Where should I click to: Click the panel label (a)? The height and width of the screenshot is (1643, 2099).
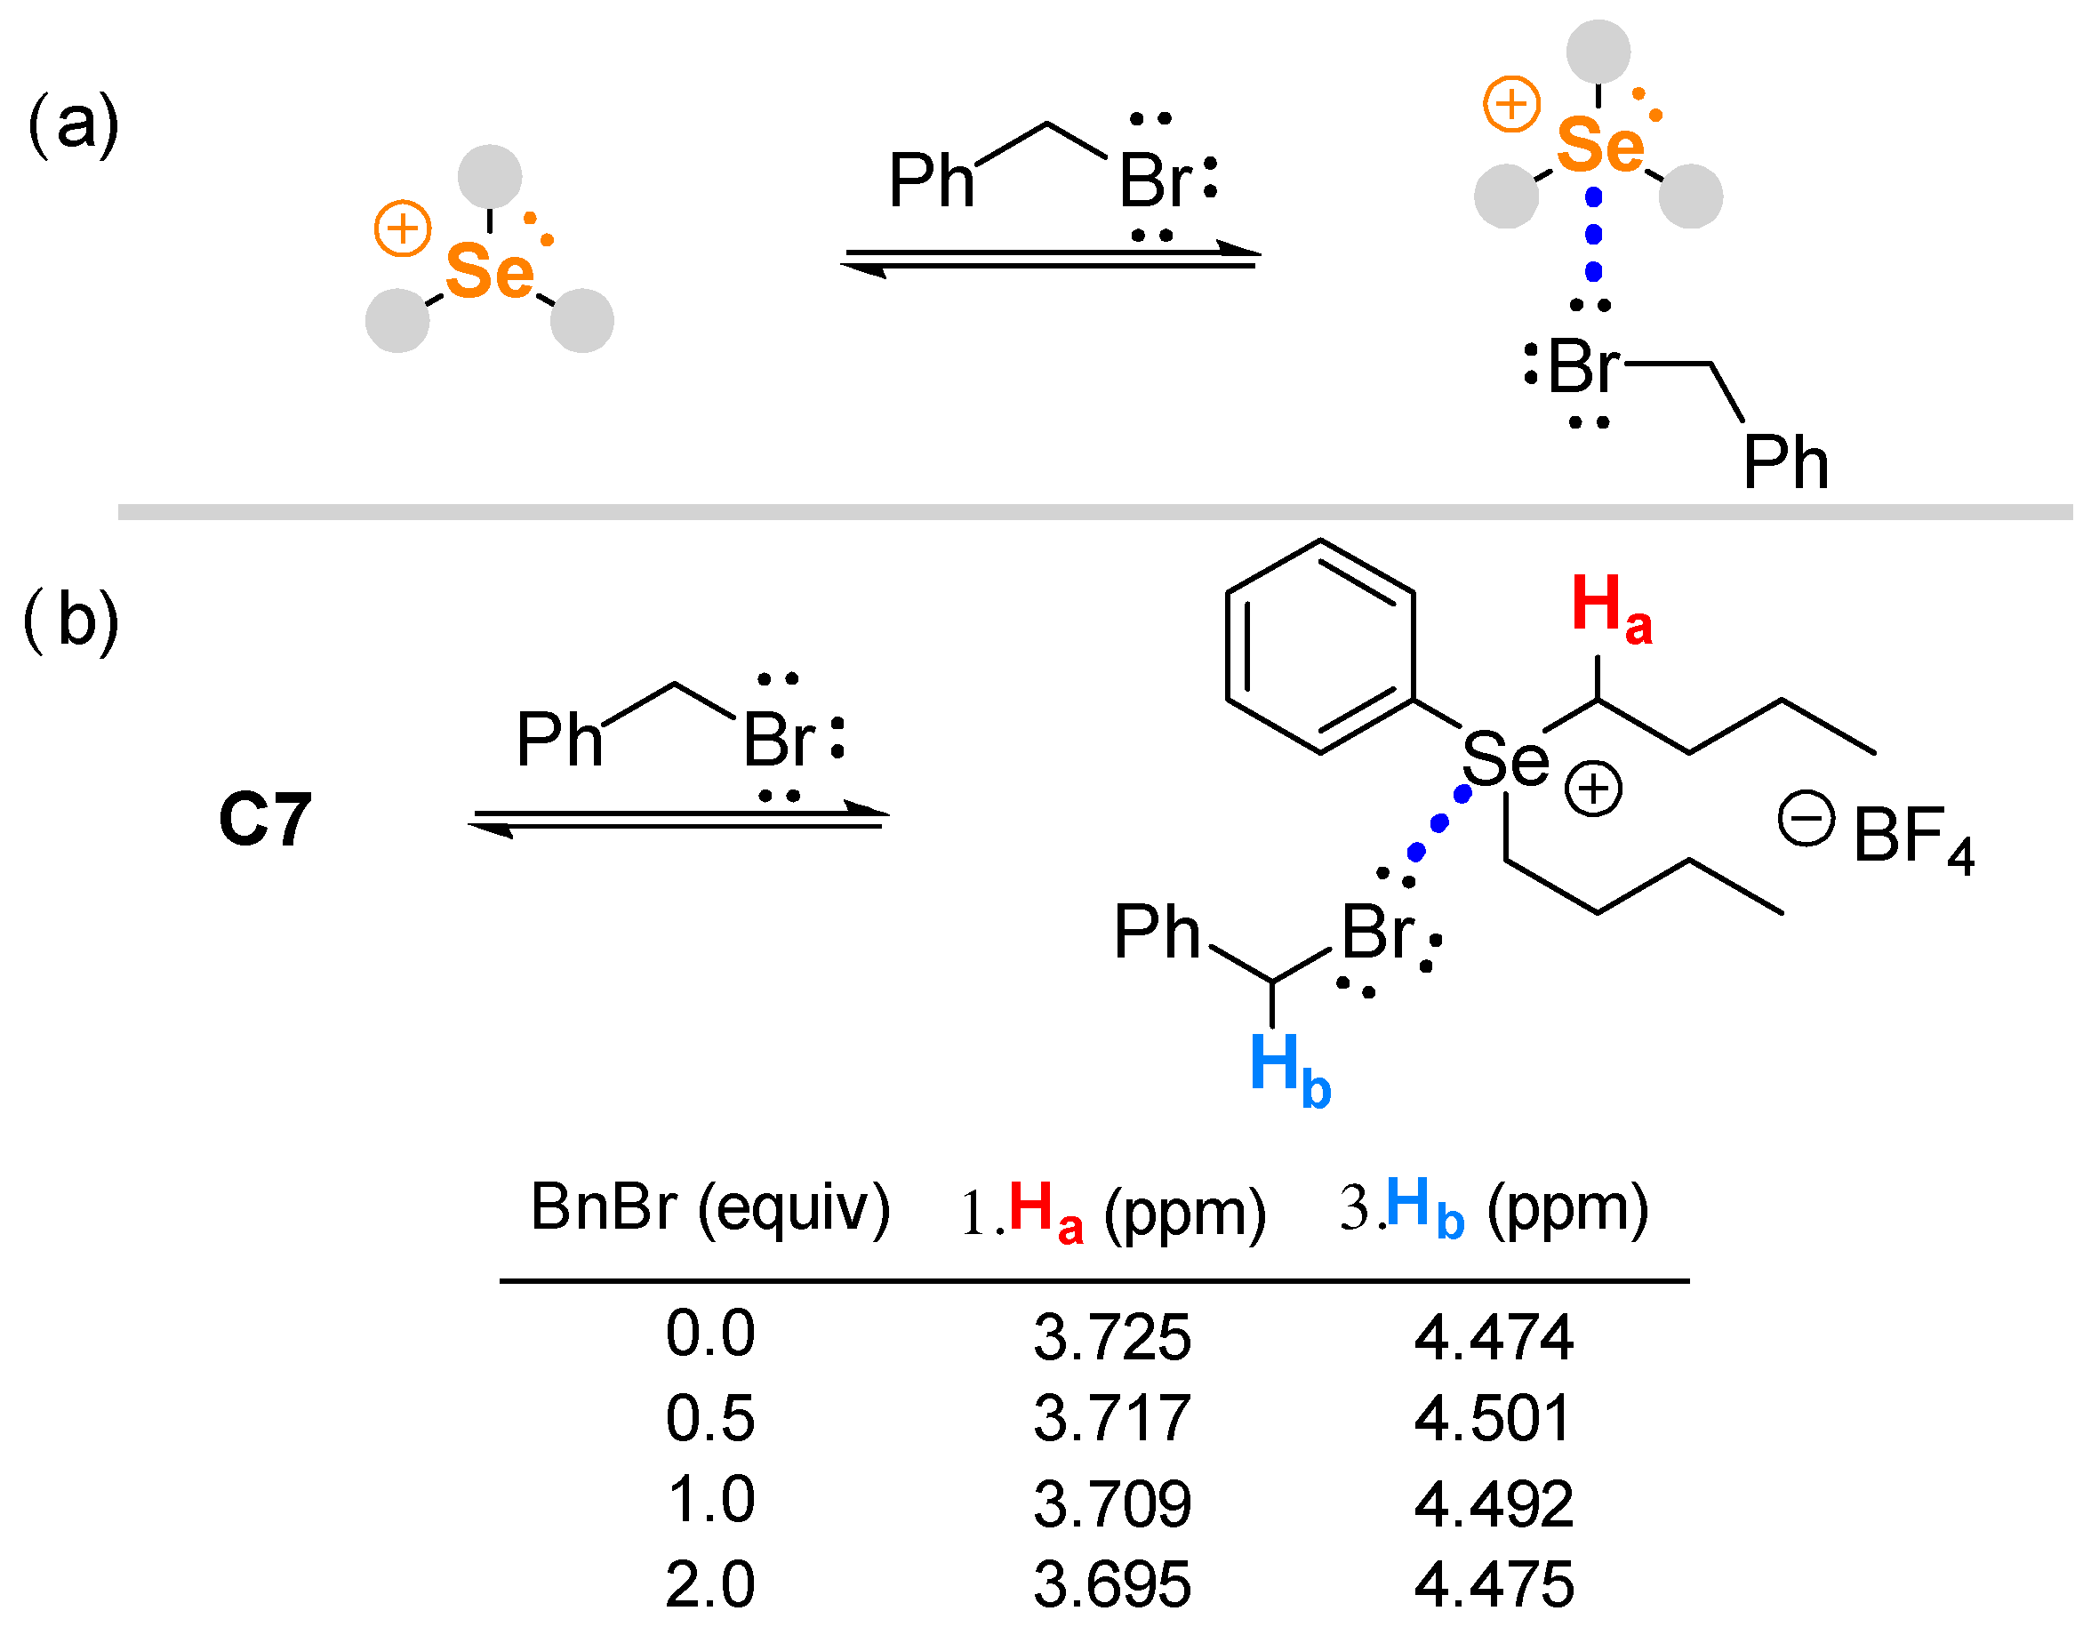[73, 125]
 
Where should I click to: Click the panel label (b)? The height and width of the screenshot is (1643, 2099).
[71, 621]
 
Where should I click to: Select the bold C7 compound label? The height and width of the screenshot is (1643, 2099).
[266, 820]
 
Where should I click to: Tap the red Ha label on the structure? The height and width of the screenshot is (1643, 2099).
[1610, 608]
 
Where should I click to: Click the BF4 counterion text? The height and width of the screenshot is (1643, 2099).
[1912, 837]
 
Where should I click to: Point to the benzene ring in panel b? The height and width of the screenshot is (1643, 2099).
[1320, 646]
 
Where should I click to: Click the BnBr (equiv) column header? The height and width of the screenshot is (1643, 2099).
[710, 1208]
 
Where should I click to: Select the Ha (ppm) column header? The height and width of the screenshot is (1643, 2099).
[1112, 1212]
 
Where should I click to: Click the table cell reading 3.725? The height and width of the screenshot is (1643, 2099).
[1112, 1337]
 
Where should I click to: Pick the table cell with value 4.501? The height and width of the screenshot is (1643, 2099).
[1493, 1418]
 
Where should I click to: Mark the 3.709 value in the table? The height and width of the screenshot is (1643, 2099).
[1112, 1503]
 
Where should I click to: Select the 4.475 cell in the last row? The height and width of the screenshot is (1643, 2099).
[1493, 1584]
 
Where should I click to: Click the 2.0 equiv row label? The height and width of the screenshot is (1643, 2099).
[710, 1584]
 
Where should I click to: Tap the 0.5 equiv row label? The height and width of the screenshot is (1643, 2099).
[710, 1418]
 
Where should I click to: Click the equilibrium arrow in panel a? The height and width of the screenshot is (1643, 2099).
[1051, 258]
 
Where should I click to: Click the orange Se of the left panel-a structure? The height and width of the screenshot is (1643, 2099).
[490, 271]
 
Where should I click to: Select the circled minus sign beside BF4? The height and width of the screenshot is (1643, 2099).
[1806, 820]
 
